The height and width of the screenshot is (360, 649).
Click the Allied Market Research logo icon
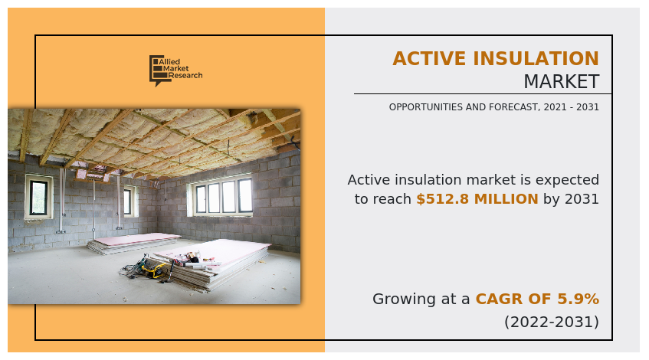pyautogui.click(x=157, y=70)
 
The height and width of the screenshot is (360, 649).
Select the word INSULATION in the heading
pyautogui.click(x=536, y=59)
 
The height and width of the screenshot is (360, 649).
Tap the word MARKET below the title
pyautogui.click(x=561, y=82)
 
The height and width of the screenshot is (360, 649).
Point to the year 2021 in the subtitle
pyautogui.click(x=536, y=107)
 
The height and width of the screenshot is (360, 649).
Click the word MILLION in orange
pyautogui.click(x=505, y=199)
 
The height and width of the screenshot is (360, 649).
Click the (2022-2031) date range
pyautogui.click(x=551, y=322)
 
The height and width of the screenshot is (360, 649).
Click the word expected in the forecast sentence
pyautogui.click(x=569, y=180)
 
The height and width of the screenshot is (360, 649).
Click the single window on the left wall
pyautogui.click(x=38, y=196)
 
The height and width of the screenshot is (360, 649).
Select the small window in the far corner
pyautogui.click(x=128, y=201)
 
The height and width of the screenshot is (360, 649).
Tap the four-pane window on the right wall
pyautogui.click(x=223, y=196)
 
